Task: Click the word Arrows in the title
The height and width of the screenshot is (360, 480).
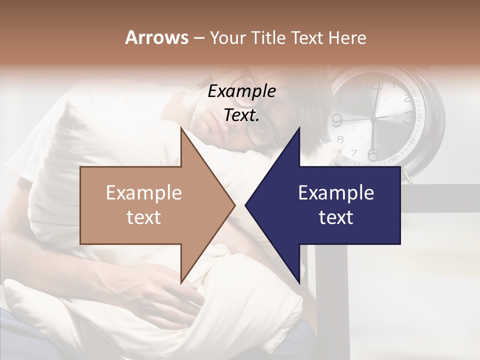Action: click(x=156, y=37)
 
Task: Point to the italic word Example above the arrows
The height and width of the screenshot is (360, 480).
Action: click(x=241, y=91)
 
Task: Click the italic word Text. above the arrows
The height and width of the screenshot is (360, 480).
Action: click(x=241, y=115)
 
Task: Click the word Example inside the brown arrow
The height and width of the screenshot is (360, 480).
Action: click(x=144, y=192)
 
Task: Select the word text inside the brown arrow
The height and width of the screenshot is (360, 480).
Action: click(x=144, y=217)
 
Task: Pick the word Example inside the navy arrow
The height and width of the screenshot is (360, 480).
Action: click(x=336, y=192)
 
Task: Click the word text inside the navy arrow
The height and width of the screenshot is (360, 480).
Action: click(x=336, y=217)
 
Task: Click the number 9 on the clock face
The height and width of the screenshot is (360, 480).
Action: click(x=336, y=120)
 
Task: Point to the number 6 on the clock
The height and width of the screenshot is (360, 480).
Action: click(x=372, y=153)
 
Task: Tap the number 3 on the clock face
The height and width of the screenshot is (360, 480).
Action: click(x=409, y=118)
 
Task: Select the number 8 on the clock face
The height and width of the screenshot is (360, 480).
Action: click(x=341, y=139)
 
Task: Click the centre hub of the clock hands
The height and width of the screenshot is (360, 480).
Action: click(x=373, y=118)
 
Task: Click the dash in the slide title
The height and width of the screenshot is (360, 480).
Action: click(x=198, y=38)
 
